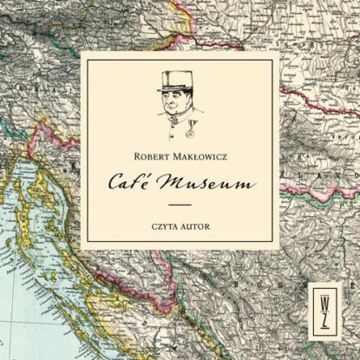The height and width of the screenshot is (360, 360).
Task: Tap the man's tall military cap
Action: tap(173, 80)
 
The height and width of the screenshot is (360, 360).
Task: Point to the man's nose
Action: tap(174, 99)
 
